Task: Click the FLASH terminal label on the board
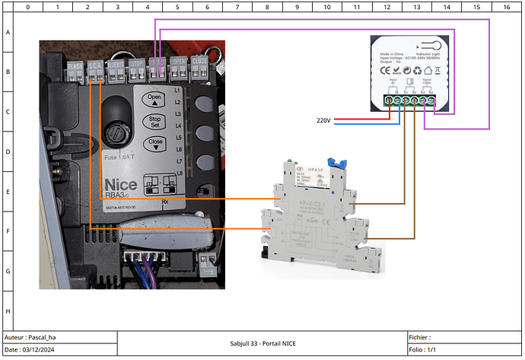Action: tap(75, 65)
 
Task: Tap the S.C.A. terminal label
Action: tap(95, 65)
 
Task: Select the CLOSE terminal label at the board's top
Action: tap(199, 61)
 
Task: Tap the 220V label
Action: tap(323, 120)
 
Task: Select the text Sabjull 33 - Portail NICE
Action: tap(262, 343)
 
